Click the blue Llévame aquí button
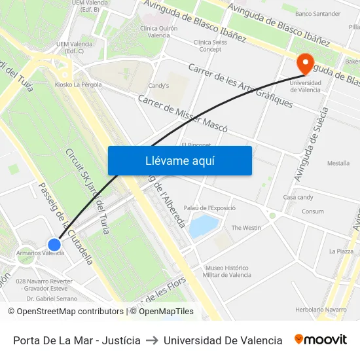point(179,160)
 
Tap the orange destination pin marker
point(304,64)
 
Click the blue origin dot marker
point(54,245)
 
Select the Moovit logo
point(320,340)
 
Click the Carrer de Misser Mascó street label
point(183,114)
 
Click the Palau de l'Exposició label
point(209,207)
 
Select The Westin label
point(246,228)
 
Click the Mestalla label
point(338,163)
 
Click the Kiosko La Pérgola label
point(78,84)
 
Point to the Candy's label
point(158,86)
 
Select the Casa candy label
point(298,197)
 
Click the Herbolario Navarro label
point(321,309)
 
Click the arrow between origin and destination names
point(152,340)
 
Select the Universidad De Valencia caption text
point(223,340)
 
